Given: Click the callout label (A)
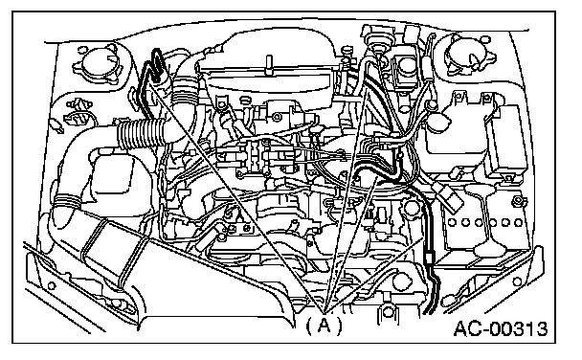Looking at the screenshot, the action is point(324,326).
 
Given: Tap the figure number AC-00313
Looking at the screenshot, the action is point(501,328).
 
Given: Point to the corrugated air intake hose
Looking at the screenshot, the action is point(141,134).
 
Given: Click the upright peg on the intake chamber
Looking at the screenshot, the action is point(269,65).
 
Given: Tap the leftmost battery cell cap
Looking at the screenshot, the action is point(452,223).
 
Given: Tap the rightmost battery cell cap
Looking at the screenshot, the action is point(519,223).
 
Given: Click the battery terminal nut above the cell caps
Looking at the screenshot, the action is point(516,202).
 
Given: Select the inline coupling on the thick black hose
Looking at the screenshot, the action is point(429,257).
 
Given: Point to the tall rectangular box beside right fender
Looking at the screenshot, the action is point(508,140).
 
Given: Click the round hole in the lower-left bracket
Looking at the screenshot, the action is point(52,285).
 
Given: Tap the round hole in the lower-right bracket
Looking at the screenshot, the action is point(516,281).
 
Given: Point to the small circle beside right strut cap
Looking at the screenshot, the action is point(487,39).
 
